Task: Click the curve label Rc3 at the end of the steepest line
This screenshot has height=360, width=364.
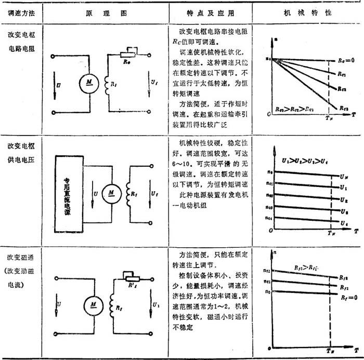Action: tap(343, 108)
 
